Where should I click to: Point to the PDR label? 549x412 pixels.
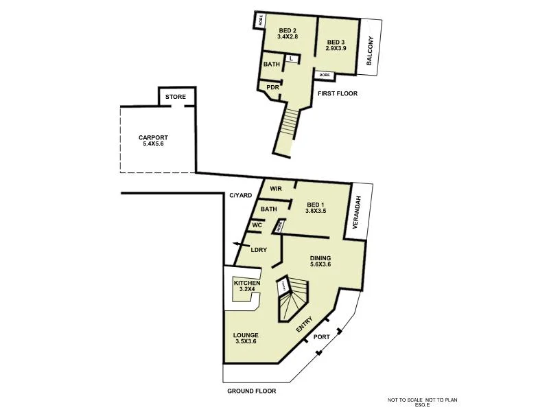(272, 87)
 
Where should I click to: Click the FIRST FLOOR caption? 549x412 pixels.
(337, 93)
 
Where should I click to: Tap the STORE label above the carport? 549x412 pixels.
(175, 98)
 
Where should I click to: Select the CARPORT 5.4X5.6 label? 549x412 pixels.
(153, 141)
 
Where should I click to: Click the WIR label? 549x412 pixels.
(277, 188)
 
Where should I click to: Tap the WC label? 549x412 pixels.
(257, 225)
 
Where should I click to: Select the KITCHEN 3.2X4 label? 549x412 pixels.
(246, 286)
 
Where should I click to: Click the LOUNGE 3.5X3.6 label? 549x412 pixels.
(246, 339)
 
